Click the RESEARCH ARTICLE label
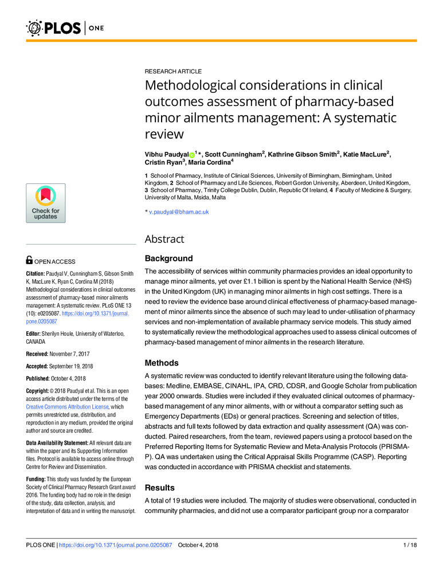coord(173,72)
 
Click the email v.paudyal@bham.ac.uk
coord(178,211)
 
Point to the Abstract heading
coord(164,238)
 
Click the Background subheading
coord(169,259)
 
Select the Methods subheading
coord(162,363)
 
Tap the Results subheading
coord(160,488)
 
